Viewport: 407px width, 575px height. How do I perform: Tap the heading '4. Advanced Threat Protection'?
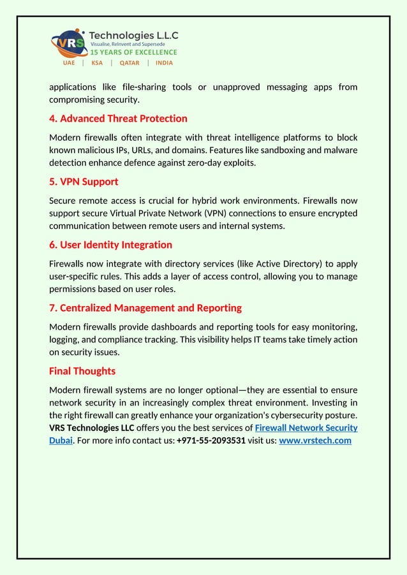(118, 119)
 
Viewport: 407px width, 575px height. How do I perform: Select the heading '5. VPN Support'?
(84, 182)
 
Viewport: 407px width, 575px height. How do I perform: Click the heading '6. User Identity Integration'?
(110, 245)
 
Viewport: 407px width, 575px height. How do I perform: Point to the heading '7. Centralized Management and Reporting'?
(145, 308)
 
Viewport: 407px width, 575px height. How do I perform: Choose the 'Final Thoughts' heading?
(82, 371)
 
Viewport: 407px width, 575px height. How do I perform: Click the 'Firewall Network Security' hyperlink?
(306, 428)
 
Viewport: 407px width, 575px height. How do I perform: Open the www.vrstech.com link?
(315, 440)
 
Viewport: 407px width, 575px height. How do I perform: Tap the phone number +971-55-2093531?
(211, 440)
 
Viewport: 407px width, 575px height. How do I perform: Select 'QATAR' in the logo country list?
(129, 63)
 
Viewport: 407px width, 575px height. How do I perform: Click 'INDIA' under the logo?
(164, 63)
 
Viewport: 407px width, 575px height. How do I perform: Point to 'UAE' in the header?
(69, 63)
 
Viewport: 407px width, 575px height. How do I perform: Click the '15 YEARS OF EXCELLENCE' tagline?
(133, 52)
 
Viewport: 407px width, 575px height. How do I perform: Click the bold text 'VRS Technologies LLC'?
(91, 428)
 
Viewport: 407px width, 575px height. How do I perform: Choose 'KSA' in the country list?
(97, 63)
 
